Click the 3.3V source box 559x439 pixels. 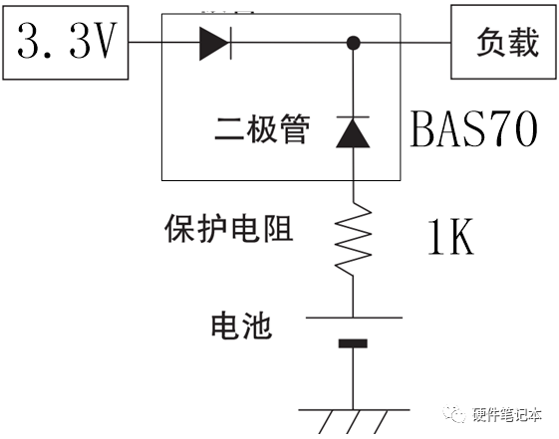coord(65,43)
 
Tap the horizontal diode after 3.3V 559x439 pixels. coord(215,43)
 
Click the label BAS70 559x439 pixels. coord(474,129)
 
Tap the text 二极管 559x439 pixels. coord(262,129)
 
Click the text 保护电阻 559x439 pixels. coord(228,230)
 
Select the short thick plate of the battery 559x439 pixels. coord(353,344)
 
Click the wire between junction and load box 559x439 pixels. coord(405,43)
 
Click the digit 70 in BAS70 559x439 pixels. coord(518,129)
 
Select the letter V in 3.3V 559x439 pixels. coord(108,43)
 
